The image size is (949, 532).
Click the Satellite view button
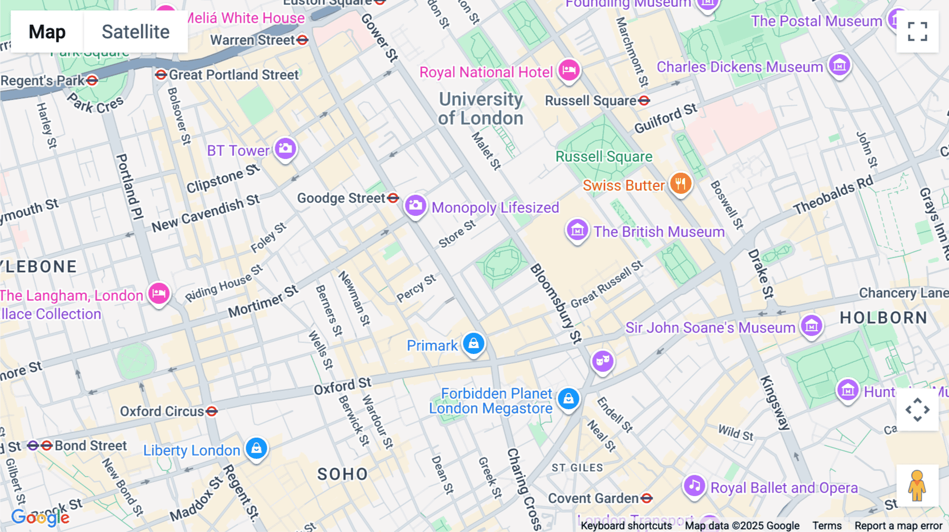(135, 32)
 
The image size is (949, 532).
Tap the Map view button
(47, 32)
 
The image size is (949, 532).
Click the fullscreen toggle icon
(917, 32)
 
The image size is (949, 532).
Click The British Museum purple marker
(577, 230)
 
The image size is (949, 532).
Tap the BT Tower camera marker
(285, 149)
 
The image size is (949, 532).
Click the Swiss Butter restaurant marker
(681, 184)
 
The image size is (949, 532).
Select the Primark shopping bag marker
(473, 344)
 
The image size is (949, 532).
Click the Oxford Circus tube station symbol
(212, 411)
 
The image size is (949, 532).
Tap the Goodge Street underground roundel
(393, 198)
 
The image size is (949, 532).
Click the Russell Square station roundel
(644, 101)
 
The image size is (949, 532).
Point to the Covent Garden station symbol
(647, 498)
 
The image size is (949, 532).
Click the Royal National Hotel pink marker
(569, 70)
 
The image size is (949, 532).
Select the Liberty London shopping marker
(257, 448)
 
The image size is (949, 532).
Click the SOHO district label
(342, 474)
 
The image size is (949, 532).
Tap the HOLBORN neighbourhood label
(883, 318)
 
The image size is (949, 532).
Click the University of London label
(480, 109)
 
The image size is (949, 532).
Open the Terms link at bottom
(827, 525)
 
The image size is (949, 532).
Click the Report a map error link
(898, 525)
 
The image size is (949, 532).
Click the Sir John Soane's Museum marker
(811, 326)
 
